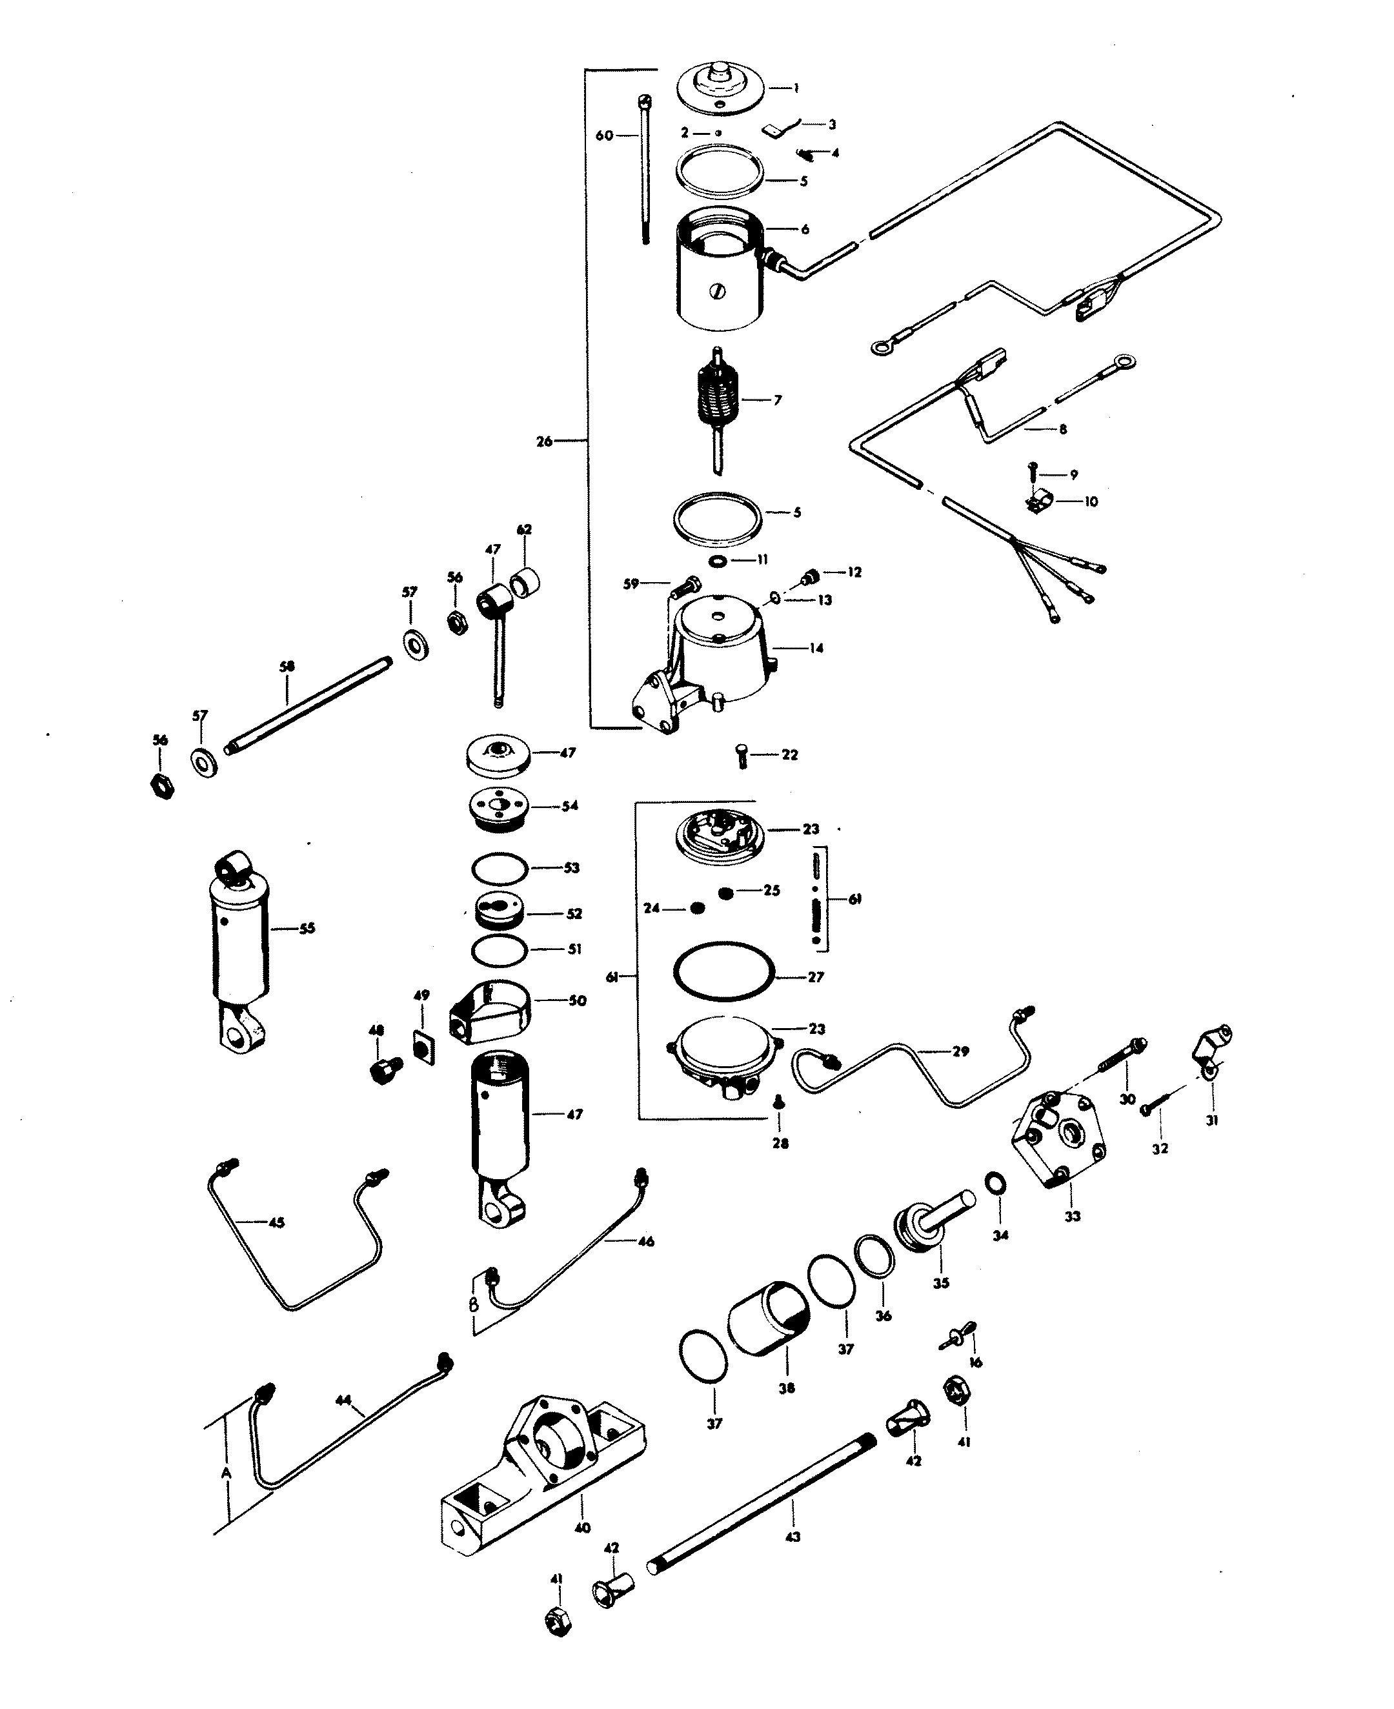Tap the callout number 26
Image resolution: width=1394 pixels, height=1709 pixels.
[545, 441]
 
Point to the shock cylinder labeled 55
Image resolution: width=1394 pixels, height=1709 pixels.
[239, 947]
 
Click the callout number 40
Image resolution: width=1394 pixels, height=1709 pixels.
[583, 1528]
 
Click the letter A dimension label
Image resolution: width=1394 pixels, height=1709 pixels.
[226, 1473]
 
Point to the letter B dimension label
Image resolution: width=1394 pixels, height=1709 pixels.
[474, 1305]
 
